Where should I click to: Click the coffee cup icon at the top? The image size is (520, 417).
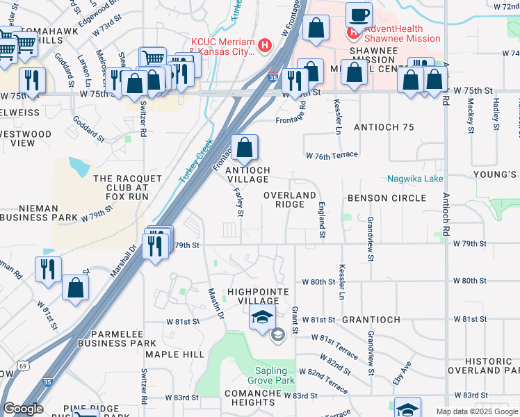pyautogui.click(x=359, y=15)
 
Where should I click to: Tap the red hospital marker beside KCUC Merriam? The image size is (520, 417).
pyautogui.click(x=263, y=47)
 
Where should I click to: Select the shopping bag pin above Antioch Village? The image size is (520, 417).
pyautogui.click(x=245, y=147)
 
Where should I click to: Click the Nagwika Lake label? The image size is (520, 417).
pyautogui.click(x=415, y=179)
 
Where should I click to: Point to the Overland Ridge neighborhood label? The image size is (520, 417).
pyautogui.click(x=290, y=199)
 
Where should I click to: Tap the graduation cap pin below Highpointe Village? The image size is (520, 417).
pyautogui.click(x=261, y=319)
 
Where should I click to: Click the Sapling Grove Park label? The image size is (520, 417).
pyautogui.click(x=270, y=375)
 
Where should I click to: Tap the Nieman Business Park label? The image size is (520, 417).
pyautogui.click(x=39, y=213)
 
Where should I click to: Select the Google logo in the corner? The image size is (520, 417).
pyautogui.click(x=23, y=409)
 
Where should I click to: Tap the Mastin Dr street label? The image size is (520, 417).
pyautogui.click(x=217, y=304)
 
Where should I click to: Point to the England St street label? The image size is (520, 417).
pyautogui.click(x=322, y=218)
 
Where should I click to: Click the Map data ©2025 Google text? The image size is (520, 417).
pyautogui.click(x=476, y=412)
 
